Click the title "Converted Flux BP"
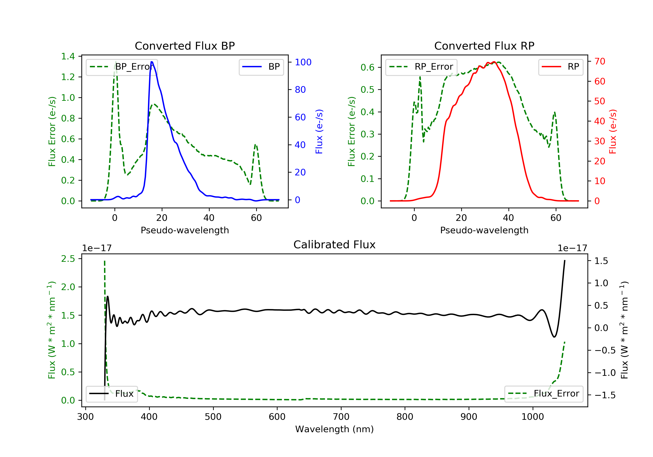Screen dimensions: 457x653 point(185,46)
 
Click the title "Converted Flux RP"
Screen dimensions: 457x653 point(484,46)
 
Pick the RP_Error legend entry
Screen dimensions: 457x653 point(421,67)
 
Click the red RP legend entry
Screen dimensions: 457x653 point(560,67)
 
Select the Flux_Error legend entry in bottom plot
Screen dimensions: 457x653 point(544,394)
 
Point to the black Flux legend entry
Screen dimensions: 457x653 point(112,394)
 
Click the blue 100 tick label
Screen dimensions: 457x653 point(303,62)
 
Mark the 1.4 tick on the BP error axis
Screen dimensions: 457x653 point(68,56)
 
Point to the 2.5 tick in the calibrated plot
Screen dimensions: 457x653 point(68,259)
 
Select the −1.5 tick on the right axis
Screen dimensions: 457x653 point(605,395)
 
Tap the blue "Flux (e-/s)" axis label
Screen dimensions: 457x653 point(319,131)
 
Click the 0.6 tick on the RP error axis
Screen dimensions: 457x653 point(367,67)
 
